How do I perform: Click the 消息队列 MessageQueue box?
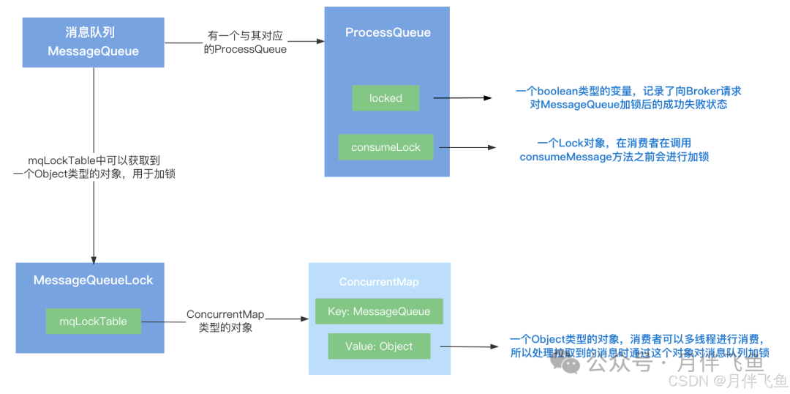pyautogui.click(x=93, y=42)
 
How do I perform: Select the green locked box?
pyautogui.click(x=385, y=98)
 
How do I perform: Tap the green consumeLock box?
pyautogui.click(x=385, y=147)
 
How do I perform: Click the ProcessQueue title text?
pyautogui.click(x=388, y=32)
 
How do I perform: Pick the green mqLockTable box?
pyautogui.click(x=93, y=321)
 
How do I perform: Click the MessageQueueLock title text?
pyautogui.click(x=93, y=280)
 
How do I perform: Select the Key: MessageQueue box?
pyautogui.click(x=379, y=311)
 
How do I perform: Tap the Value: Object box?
pyautogui.click(x=379, y=346)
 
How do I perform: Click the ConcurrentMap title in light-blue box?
pyautogui.click(x=379, y=282)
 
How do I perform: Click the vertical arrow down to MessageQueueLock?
pyautogui.click(x=93, y=220)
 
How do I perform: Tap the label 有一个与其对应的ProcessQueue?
pyautogui.click(x=244, y=42)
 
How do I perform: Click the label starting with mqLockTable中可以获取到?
pyautogui.click(x=94, y=166)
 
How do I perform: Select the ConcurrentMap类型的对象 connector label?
pyautogui.click(x=225, y=321)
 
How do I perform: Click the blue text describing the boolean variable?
pyautogui.click(x=628, y=98)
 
